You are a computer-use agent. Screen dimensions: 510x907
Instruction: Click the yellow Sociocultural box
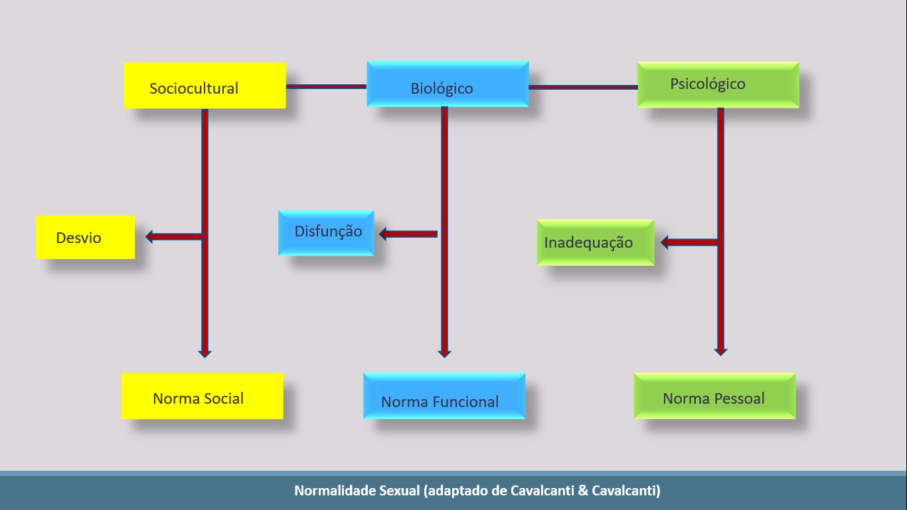pyautogui.click(x=205, y=86)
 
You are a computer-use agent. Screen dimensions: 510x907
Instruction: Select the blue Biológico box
pyautogui.click(x=448, y=84)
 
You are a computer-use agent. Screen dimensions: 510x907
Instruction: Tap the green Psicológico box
pyautogui.click(x=718, y=85)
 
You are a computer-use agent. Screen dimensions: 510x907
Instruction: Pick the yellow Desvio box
pyautogui.click(x=85, y=237)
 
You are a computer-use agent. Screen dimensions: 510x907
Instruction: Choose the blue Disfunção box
pyautogui.click(x=326, y=232)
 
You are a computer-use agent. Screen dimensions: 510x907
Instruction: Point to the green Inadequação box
pyautogui.click(x=595, y=242)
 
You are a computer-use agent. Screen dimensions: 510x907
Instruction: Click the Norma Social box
pyautogui.click(x=202, y=396)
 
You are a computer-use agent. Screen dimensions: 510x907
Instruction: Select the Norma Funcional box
pyautogui.click(x=444, y=396)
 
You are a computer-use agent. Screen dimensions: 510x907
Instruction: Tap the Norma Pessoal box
pyautogui.click(x=714, y=396)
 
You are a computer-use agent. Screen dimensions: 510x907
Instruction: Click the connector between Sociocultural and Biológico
pyautogui.click(x=326, y=86)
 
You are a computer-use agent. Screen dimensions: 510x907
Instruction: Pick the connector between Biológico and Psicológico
pyautogui.click(x=583, y=87)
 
